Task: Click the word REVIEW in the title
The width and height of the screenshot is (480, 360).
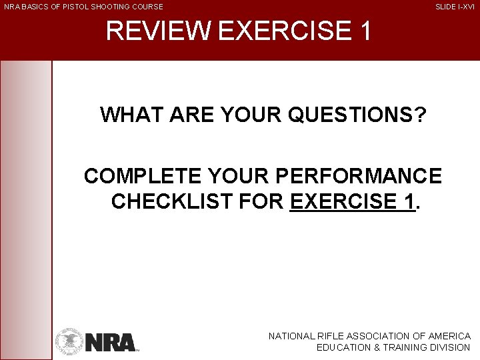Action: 157,31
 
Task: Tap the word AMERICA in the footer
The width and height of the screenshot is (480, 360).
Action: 449,337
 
